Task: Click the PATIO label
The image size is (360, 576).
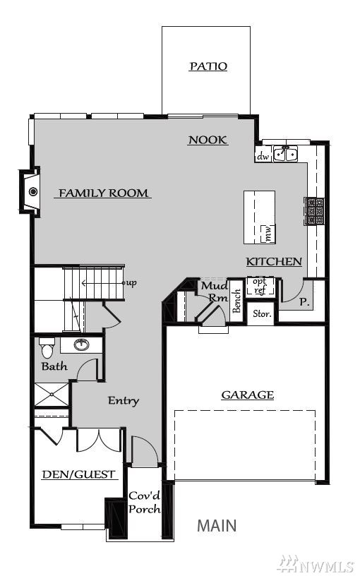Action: coord(208,66)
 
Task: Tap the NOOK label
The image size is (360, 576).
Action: coord(208,140)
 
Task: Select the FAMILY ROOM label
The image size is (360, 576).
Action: coord(103,193)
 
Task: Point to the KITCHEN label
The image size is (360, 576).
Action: coord(274,262)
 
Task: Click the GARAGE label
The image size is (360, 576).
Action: coord(248,395)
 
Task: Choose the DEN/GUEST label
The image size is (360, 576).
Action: coord(79,474)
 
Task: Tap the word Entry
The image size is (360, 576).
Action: coord(124,400)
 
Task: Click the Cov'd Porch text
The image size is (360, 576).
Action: coord(145,503)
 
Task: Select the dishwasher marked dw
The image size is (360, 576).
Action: coord(263,156)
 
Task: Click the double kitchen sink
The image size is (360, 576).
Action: coord(286,153)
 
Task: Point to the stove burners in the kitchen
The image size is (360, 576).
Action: coord(314,211)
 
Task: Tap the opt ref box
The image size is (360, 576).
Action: coord(260,286)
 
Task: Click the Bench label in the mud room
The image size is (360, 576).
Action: coord(237,301)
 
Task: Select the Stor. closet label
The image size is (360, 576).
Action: coord(262,314)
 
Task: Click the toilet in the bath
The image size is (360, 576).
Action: coord(47,348)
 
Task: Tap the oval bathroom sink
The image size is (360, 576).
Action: coord(81,344)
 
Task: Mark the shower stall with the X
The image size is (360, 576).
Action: coord(52,395)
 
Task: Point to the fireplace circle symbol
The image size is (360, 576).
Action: coord(33,191)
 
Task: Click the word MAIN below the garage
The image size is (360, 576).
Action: coord(217,526)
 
